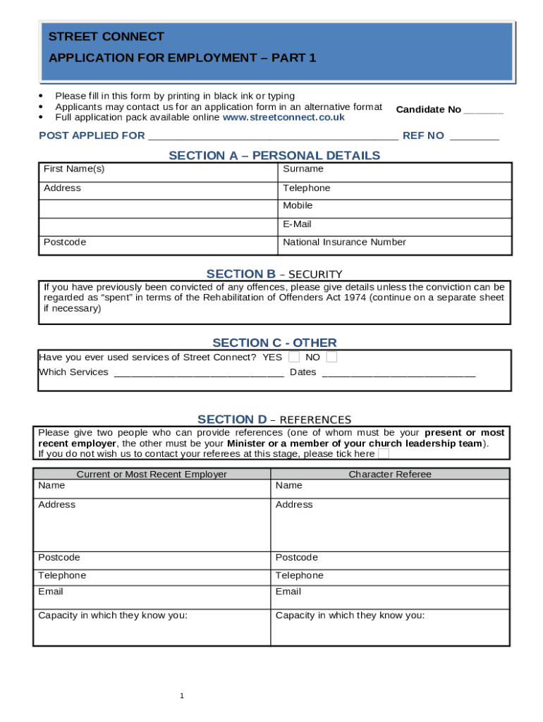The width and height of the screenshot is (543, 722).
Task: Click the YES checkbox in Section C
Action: tap(294, 357)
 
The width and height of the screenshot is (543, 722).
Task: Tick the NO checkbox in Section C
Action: tap(331, 357)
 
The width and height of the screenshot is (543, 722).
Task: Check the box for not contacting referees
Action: tap(384, 454)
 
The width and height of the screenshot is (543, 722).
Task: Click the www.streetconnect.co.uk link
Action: tap(283, 118)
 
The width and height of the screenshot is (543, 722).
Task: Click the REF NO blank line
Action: tap(474, 137)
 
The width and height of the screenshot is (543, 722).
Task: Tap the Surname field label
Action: tap(303, 169)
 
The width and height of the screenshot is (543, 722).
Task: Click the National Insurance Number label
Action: tap(344, 243)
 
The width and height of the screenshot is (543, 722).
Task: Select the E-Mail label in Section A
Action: tap(297, 224)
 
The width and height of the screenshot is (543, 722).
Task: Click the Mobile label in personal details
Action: tap(298, 206)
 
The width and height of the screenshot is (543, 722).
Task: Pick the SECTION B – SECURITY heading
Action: tap(274, 274)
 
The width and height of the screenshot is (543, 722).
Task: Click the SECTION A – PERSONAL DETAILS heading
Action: tap(274, 156)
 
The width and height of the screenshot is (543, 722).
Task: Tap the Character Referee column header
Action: tap(390, 475)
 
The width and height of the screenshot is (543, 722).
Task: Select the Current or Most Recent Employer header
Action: tap(152, 475)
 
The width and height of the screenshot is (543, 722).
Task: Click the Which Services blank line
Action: tap(199, 373)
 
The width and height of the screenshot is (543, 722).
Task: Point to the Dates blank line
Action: tap(398, 373)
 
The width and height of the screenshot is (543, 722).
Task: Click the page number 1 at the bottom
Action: tap(181, 697)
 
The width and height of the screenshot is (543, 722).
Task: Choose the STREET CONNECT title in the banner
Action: tap(106, 37)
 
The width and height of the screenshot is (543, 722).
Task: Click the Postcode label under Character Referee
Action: tap(297, 558)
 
